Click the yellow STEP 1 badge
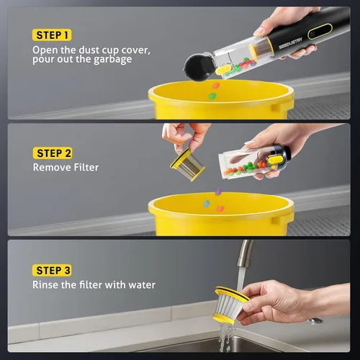coord(52,35)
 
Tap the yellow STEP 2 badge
coord(53,153)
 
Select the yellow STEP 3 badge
coord(52,271)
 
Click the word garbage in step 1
coord(112,60)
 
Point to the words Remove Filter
coord(66,167)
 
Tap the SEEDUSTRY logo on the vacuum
coord(290,43)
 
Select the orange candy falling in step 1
coord(216,86)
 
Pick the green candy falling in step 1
coord(212,96)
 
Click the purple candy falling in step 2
coord(218,192)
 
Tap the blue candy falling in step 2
coord(207,204)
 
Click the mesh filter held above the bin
coord(188,165)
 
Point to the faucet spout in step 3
coord(245,253)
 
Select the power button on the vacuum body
coord(312,35)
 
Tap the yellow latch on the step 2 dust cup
coord(275,160)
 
